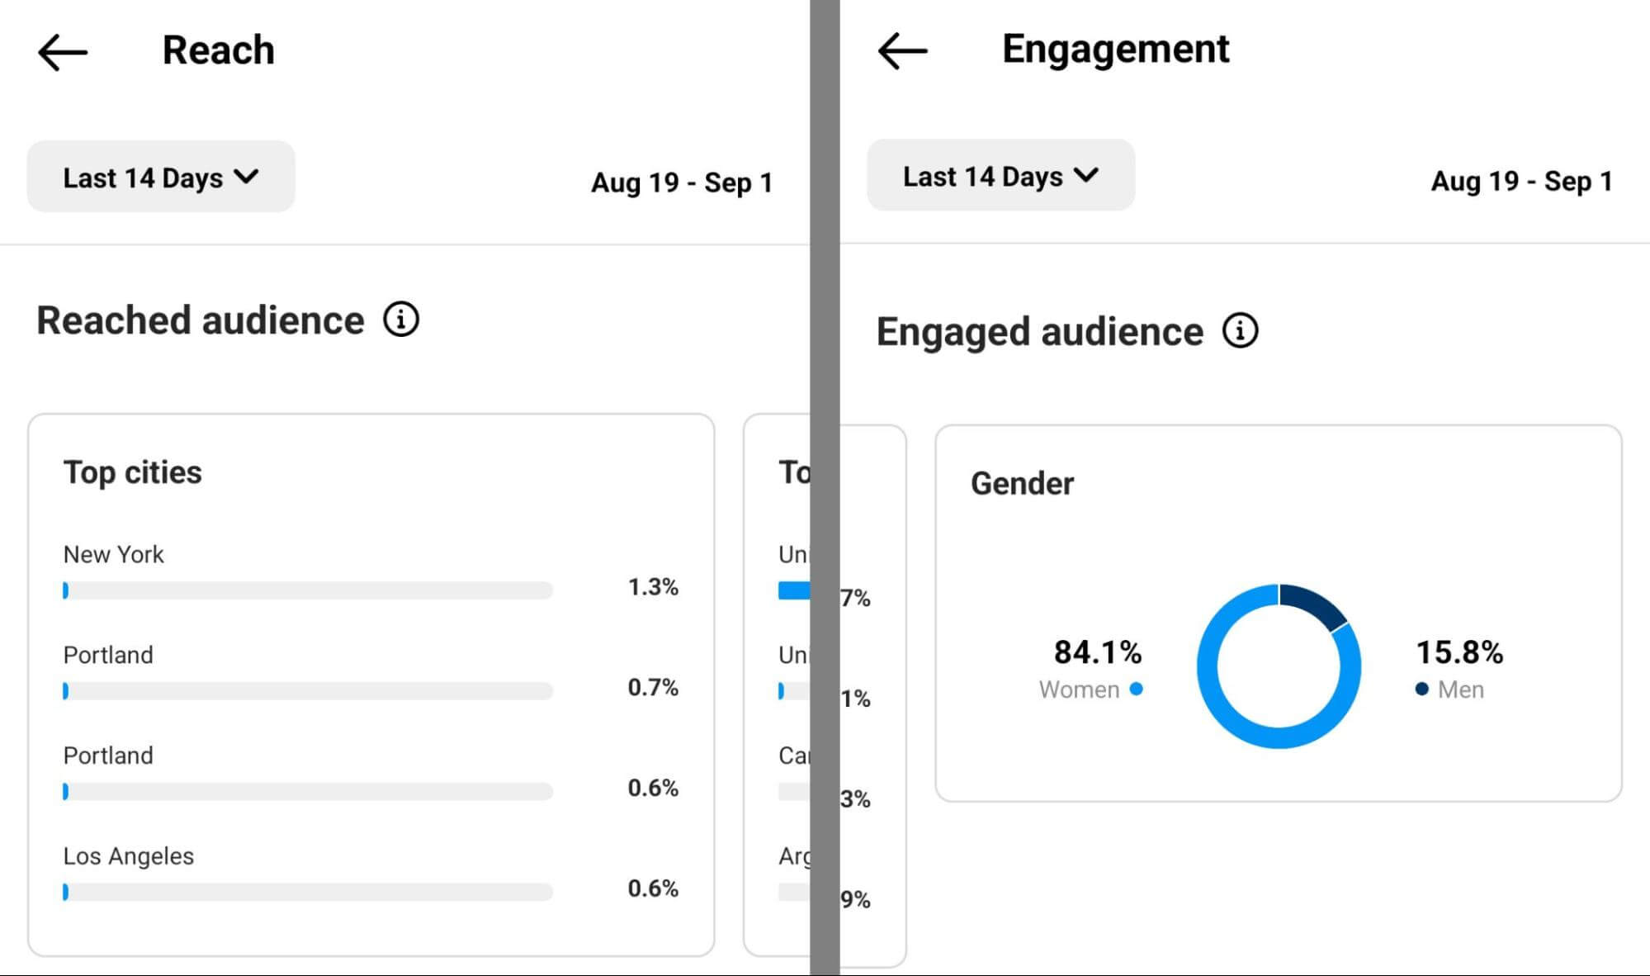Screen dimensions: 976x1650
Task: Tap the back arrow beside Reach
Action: (x=63, y=53)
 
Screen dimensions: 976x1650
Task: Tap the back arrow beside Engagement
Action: (x=902, y=51)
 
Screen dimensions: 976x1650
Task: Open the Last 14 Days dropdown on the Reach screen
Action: (x=161, y=177)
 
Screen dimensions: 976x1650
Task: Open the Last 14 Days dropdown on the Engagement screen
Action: (x=1000, y=175)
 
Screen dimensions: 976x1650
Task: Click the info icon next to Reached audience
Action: (x=401, y=320)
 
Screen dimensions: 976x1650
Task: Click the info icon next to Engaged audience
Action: (x=1240, y=331)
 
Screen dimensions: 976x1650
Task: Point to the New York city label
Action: (x=113, y=554)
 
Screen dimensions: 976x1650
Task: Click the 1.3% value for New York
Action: (x=652, y=587)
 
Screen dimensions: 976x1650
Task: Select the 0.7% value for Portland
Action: (x=652, y=687)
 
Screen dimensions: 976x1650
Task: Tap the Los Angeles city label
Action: (x=128, y=856)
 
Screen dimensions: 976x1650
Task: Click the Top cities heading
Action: (x=132, y=472)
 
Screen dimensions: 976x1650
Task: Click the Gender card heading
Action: (x=1022, y=484)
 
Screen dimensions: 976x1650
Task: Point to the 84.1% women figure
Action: (x=1097, y=652)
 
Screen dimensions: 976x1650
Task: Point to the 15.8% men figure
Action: (x=1459, y=652)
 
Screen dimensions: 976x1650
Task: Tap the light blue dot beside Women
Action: (x=1137, y=689)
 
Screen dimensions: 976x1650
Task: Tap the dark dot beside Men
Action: (x=1421, y=689)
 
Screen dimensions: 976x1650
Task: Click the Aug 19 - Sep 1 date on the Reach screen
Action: (x=682, y=182)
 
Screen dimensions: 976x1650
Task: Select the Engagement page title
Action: (x=1115, y=49)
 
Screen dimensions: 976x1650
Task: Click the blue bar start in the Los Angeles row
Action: (x=66, y=892)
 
